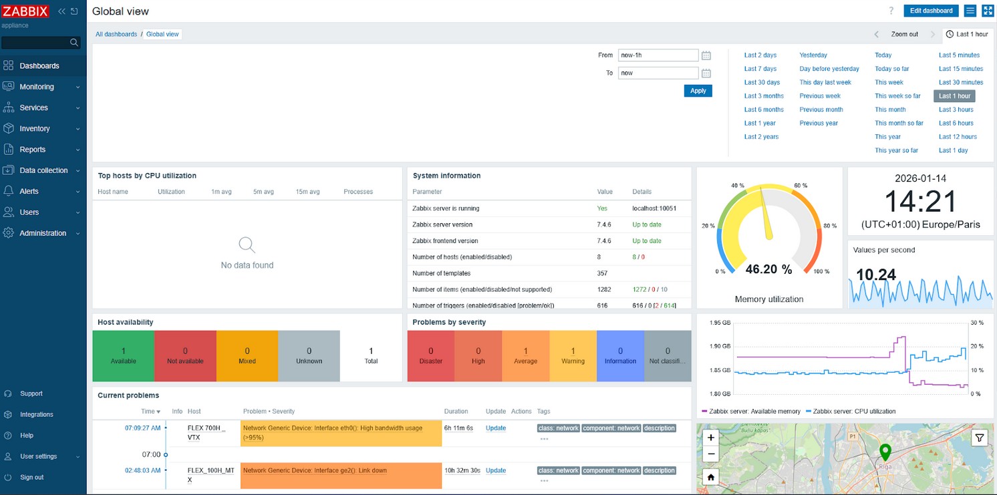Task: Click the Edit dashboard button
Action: point(931,11)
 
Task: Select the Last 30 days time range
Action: point(762,82)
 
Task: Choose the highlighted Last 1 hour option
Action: point(954,96)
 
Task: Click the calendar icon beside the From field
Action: point(706,55)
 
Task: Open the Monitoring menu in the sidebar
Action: point(37,87)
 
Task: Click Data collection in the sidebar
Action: point(43,170)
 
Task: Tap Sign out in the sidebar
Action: point(31,477)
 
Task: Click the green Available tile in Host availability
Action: point(124,355)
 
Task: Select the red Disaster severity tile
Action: point(430,355)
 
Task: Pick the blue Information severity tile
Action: point(620,355)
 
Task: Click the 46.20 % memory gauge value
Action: point(768,269)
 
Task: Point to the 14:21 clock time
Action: point(920,201)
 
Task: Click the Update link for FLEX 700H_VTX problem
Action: point(495,428)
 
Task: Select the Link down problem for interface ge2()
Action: point(315,470)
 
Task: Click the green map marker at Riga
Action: point(885,452)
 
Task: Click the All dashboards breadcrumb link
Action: point(116,34)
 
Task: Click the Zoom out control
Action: point(904,34)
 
